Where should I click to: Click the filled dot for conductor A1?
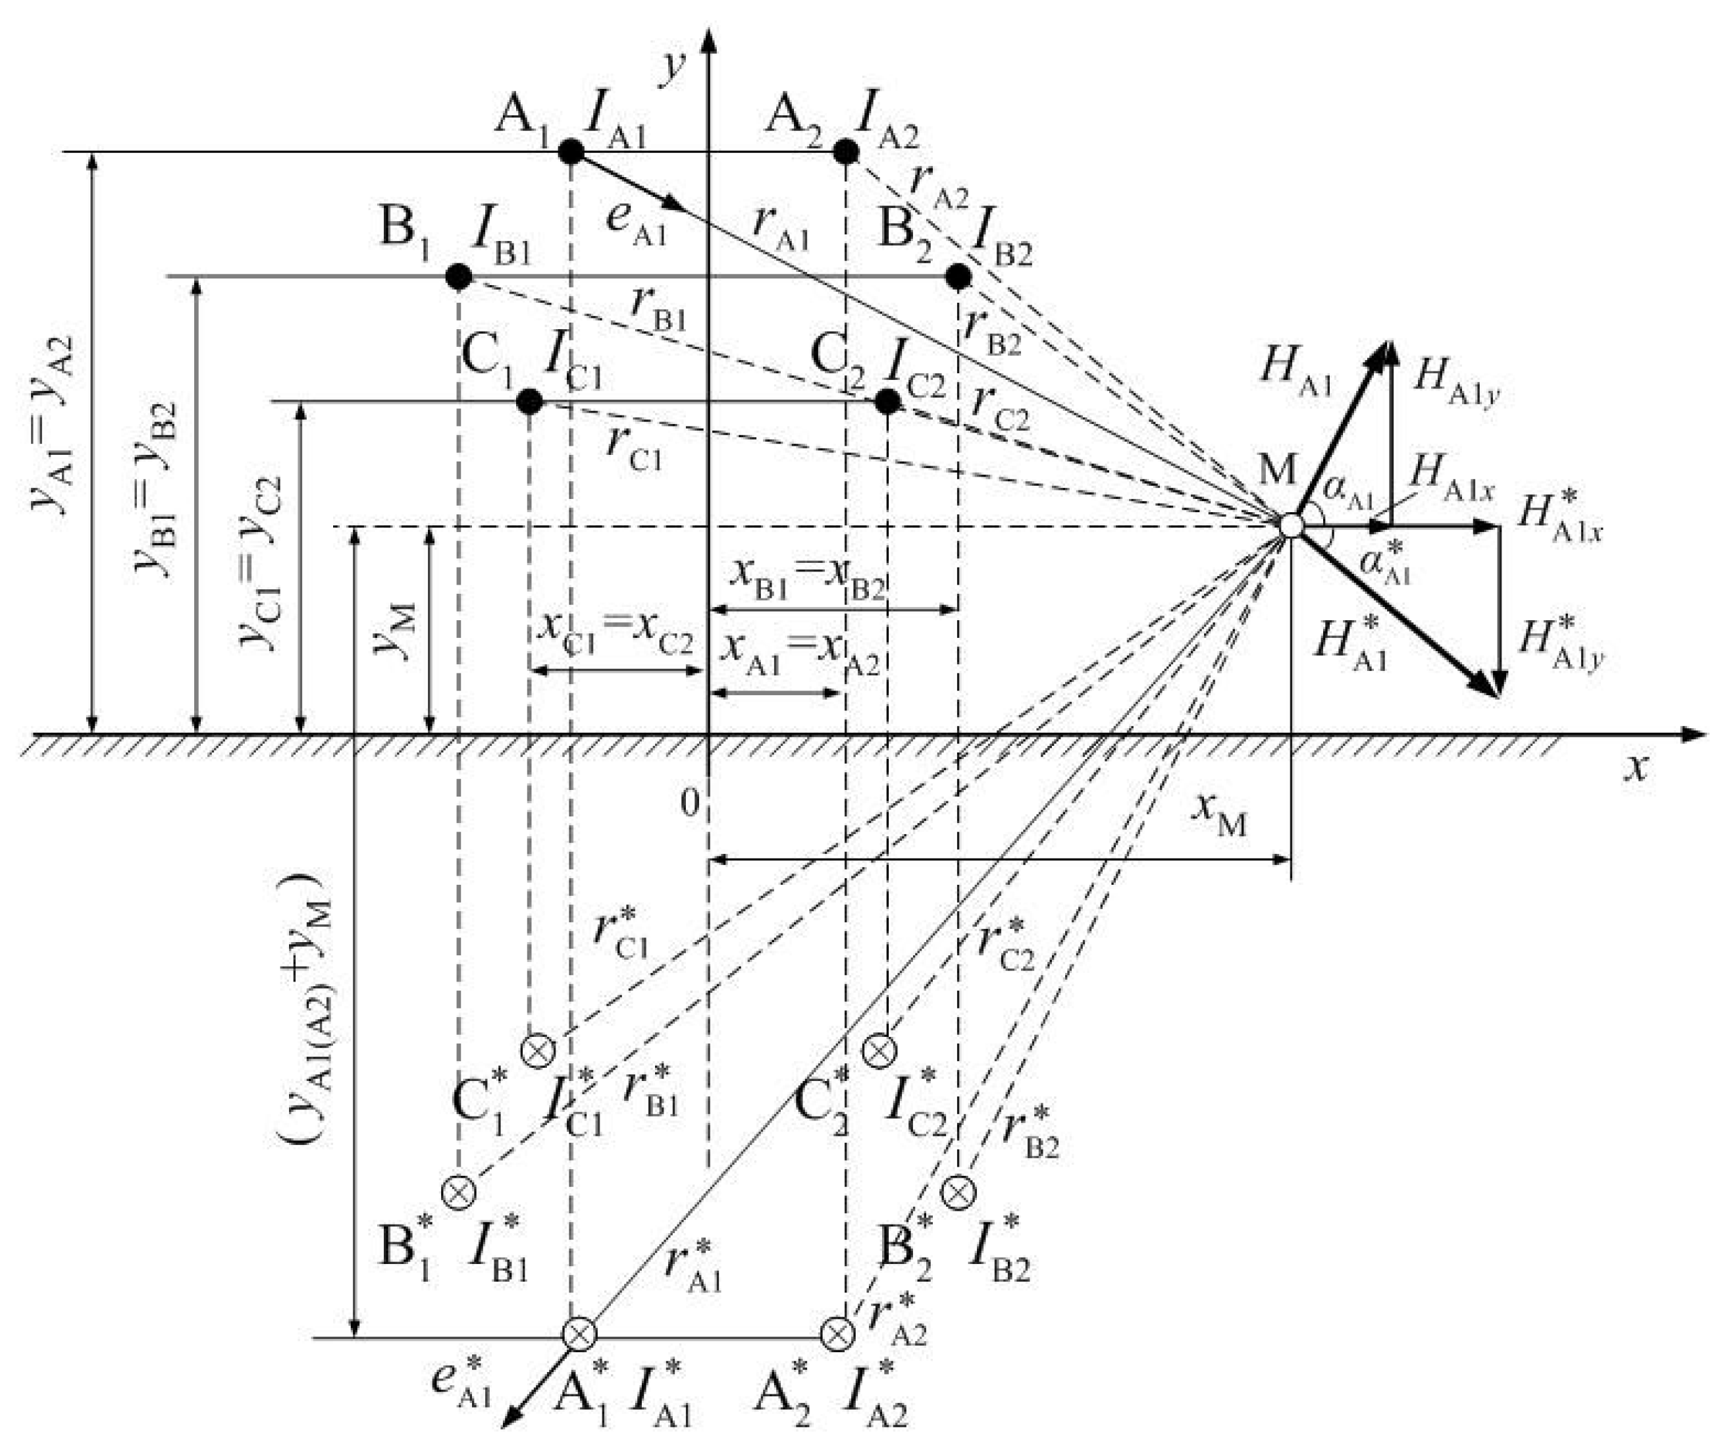[571, 151]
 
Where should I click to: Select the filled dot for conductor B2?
[958, 277]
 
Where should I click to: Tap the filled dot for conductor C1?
[530, 402]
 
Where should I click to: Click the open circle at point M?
[1291, 526]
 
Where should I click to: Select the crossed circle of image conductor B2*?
[958, 1192]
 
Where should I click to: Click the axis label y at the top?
[675, 66]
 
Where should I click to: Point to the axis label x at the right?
[1638, 767]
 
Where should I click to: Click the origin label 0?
[690, 802]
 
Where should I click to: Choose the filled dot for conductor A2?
[846, 151]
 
